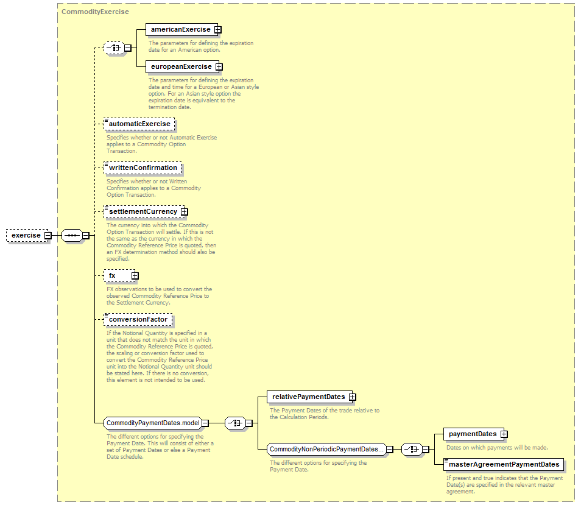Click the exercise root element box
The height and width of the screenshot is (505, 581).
(x=27, y=236)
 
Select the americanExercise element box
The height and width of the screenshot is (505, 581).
(x=181, y=30)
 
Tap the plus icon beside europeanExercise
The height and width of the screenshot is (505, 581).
(x=219, y=66)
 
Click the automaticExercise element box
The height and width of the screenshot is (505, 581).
(x=139, y=124)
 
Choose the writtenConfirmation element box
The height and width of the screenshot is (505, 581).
(x=143, y=168)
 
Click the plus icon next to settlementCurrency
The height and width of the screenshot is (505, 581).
(x=184, y=211)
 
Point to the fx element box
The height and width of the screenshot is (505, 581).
(x=119, y=276)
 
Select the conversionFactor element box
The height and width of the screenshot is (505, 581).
(x=138, y=319)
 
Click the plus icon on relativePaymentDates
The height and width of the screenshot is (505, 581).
(x=353, y=397)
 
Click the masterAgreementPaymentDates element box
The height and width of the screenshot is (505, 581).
(x=504, y=465)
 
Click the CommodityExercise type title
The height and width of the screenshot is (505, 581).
(x=95, y=12)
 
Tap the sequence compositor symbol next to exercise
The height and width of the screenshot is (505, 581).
(x=72, y=236)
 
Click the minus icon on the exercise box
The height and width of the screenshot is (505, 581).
(x=48, y=236)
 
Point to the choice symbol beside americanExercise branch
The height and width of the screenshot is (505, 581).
(x=114, y=48)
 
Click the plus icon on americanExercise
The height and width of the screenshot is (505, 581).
(x=218, y=30)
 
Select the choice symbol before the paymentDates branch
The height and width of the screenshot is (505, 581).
(x=412, y=450)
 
